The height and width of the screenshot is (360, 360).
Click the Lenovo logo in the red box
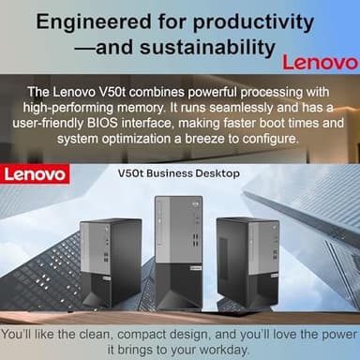[x=34, y=174]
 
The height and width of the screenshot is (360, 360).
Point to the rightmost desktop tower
[x=247, y=262]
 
